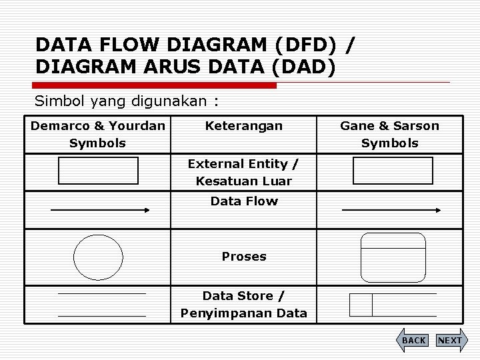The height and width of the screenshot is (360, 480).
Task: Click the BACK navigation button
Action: point(413,340)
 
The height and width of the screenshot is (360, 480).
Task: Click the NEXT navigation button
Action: point(449,340)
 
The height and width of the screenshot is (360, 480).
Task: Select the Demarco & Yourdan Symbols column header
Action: point(97,134)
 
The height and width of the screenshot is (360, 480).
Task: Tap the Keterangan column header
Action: point(243,125)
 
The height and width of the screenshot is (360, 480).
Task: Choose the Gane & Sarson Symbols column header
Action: point(389,134)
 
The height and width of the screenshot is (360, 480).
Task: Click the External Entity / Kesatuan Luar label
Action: point(243,172)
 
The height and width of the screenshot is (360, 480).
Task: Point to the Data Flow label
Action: point(243,201)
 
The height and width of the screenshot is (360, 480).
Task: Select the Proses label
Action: point(243,256)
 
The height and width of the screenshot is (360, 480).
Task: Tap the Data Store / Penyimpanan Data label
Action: point(243,304)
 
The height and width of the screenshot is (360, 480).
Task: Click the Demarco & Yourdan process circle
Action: point(99,257)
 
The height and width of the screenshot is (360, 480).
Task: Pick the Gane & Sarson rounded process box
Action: point(393,257)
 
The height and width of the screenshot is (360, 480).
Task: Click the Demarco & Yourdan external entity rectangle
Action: point(99,171)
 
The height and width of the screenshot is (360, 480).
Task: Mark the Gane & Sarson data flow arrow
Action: point(391,210)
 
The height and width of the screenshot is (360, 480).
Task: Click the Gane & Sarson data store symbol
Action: point(393,305)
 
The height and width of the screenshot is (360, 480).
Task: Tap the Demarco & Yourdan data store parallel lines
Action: point(101,304)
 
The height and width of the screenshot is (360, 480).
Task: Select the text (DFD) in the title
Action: point(305,45)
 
